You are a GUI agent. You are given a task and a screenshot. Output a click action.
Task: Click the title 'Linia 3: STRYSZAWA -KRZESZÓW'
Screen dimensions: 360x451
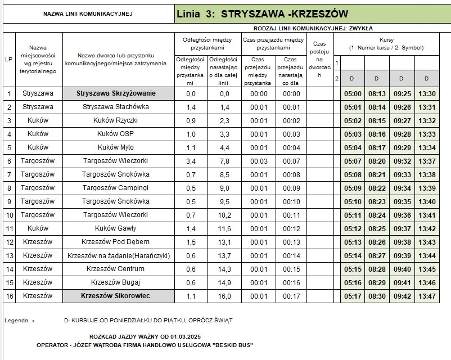262,13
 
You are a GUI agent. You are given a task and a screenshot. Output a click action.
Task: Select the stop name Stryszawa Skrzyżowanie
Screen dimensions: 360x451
116,93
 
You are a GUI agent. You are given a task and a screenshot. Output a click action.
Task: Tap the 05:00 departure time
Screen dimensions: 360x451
353,94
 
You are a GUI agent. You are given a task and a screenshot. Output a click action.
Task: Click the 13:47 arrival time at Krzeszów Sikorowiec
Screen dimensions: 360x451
427,296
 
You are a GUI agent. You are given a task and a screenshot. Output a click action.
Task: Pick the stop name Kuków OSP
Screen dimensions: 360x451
116,134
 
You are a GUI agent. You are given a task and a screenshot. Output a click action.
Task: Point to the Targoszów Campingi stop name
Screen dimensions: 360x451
116,188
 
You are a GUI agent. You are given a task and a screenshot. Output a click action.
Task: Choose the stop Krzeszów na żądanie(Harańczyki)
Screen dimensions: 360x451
118,255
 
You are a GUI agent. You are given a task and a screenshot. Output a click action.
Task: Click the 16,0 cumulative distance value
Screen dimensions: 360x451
224,296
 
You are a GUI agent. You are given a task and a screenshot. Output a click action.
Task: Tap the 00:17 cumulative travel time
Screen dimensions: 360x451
291,296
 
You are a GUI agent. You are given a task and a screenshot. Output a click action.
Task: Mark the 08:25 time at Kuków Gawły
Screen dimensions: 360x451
377,228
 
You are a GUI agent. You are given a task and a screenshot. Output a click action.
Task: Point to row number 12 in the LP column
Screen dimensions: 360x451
9,242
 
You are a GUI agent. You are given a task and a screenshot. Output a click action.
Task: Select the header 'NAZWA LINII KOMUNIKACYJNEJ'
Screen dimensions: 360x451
88,13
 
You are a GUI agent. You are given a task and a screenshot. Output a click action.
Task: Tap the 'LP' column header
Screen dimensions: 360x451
9,60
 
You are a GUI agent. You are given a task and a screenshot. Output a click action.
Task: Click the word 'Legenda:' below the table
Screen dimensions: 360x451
17,321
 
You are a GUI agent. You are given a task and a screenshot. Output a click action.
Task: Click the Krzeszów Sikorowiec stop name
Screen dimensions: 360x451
116,296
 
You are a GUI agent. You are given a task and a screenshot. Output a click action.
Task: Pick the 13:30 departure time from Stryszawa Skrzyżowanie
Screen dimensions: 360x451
427,94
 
